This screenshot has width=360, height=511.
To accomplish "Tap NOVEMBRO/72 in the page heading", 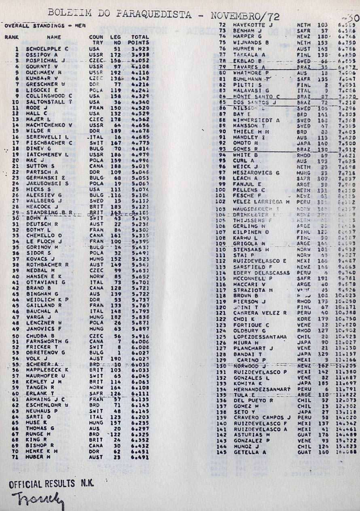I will pyautogui.click(x=246, y=17).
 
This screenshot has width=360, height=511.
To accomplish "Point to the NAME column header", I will pyautogui.click(x=54, y=37).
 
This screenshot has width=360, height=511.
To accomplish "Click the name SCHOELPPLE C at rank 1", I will pyautogui.click(x=47, y=49).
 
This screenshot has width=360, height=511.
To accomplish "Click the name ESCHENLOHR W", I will pyautogui.click(x=47, y=405).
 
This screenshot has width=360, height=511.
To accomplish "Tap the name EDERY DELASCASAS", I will pyautogui.click(x=261, y=273).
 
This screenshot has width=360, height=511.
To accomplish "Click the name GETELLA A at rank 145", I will pyautogui.click(x=250, y=452).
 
